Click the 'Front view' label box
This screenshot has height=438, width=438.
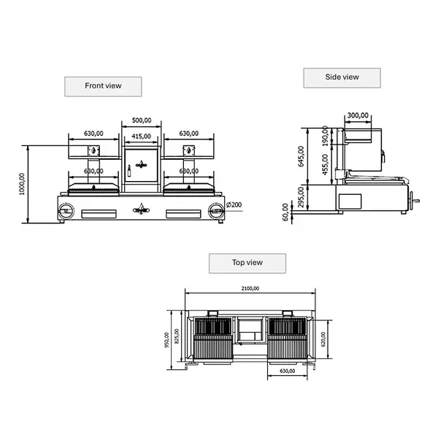(x=103, y=86)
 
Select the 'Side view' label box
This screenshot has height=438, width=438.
(x=342, y=77)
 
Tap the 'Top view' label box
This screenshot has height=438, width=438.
(x=247, y=263)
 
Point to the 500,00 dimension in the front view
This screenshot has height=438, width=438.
(x=142, y=120)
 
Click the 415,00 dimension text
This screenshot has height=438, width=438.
(x=142, y=136)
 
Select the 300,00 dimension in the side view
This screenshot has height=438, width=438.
(x=357, y=115)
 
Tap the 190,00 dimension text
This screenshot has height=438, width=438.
(x=325, y=136)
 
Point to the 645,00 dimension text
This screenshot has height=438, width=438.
(x=301, y=155)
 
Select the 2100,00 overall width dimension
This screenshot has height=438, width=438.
(x=250, y=288)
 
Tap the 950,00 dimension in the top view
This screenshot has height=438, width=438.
(x=167, y=340)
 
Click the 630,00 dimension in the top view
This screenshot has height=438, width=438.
(x=288, y=371)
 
